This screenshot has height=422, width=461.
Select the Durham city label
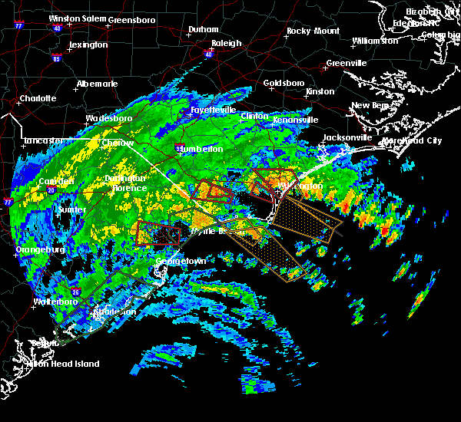[204, 30]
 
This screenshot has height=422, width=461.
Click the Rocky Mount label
[313, 31]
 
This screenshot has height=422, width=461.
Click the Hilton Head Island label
[65, 364]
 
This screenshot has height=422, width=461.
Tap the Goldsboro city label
[284, 82]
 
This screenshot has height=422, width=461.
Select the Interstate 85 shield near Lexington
[57, 58]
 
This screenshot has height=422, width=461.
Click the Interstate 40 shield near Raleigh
[209, 54]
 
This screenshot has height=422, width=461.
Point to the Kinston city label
[320, 91]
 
